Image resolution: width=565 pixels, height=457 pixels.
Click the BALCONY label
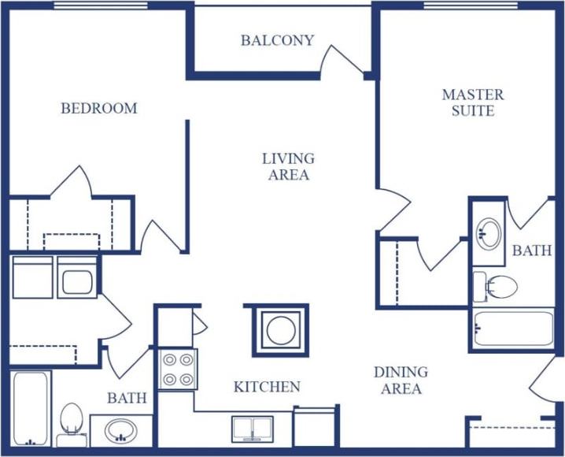[277, 40]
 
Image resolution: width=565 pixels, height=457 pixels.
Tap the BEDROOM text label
[99, 109]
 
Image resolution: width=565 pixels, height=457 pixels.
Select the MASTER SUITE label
[473, 102]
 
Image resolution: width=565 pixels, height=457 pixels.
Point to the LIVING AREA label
[288, 166]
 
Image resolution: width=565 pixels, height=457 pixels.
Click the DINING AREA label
[401, 380]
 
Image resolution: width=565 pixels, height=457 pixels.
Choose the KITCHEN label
[267, 387]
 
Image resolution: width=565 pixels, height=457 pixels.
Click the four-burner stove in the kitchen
[178, 369]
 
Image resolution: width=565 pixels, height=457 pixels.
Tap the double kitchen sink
[252, 429]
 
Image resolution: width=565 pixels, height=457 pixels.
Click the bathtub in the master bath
[513, 329]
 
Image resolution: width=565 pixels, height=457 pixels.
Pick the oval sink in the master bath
[489, 233]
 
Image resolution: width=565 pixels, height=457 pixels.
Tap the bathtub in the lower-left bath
[31, 408]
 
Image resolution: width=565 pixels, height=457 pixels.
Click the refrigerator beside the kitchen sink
[316, 426]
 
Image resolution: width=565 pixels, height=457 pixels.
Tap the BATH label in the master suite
[532, 251]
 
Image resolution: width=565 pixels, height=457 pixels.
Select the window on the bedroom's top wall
[101, 6]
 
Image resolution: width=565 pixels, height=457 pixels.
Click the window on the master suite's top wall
[471, 6]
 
